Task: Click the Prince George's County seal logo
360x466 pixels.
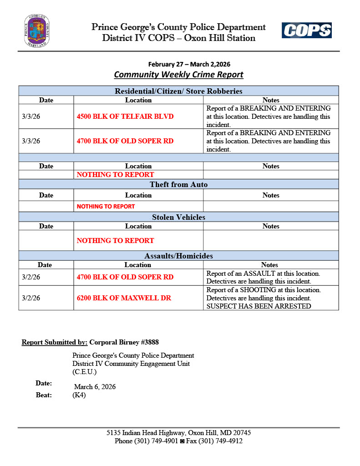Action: coord(37,31)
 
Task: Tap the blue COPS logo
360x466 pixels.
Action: coord(306,30)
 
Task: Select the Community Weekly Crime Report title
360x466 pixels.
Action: coord(178,75)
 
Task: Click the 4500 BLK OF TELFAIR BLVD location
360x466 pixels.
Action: coord(125,116)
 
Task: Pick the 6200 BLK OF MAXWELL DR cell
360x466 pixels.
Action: coord(124,298)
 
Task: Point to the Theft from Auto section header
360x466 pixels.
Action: coord(178,184)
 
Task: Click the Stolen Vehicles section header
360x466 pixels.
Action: coord(178,217)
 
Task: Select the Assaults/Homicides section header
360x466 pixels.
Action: coord(178,256)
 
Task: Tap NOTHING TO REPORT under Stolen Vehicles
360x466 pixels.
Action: coord(115,240)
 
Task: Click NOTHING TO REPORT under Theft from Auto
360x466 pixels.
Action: coord(106,206)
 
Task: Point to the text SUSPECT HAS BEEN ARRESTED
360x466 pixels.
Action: coord(259,306)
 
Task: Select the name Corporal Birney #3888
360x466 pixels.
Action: coord(124,342)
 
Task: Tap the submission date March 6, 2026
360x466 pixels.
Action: coord(95,387)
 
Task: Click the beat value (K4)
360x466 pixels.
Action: coord(79,395)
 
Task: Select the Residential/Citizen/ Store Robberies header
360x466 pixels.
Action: coord(178,91)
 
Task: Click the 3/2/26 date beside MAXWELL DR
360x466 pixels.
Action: coord(31,298)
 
